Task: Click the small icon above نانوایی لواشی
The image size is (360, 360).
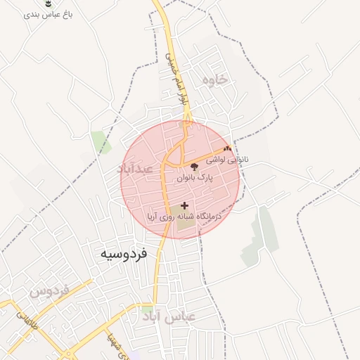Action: tap(226, 149)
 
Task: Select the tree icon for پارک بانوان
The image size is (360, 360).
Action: tap(195, 166)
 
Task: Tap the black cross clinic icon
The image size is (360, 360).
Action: tap(185, 206)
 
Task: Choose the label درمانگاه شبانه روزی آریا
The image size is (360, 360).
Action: tap(184, 218)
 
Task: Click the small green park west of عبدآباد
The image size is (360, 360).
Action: tap(101, 141)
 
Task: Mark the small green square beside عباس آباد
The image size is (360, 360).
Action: tap(146, 310)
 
